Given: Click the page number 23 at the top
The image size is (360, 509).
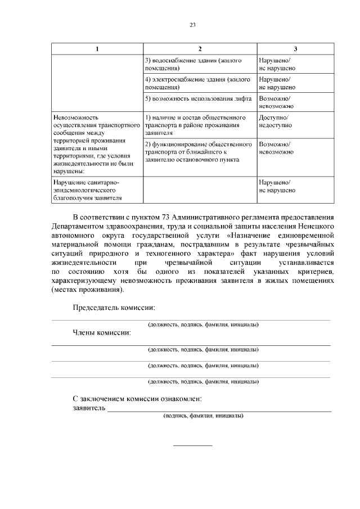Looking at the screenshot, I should point(192,25).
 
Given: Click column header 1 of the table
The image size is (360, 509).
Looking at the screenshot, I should point(97,48).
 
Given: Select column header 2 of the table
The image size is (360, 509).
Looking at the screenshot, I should point(200,48).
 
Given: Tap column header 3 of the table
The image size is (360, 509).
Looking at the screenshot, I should point(295,48).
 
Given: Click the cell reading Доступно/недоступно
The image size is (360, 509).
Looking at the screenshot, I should point(276,121).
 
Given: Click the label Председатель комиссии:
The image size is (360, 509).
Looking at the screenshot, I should point(114,308).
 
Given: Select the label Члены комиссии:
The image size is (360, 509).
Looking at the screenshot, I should point(102,332).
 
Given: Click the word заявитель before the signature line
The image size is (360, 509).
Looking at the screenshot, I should point(89,408).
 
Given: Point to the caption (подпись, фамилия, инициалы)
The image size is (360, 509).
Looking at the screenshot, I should point(203,416).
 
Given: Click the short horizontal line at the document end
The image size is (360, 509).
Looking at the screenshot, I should point(192,445).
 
